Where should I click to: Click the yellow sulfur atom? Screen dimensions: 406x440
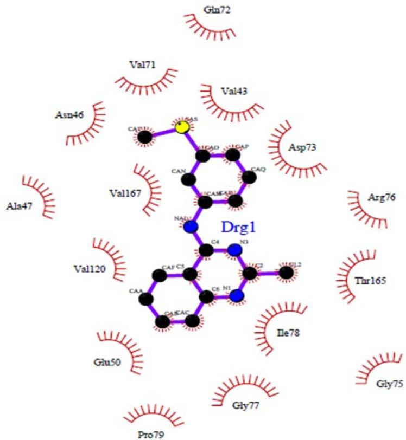(183, 127)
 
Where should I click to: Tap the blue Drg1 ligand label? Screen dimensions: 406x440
(237, 227)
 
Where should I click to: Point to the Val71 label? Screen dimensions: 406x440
(142, 65)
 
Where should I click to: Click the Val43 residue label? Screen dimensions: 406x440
(234, 92)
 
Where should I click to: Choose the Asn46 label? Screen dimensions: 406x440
(68, 115)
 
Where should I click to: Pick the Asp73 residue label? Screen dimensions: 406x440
(302, 147)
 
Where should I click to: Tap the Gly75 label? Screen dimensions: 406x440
(390, 384)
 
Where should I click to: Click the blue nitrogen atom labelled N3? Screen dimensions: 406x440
(234, 250)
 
